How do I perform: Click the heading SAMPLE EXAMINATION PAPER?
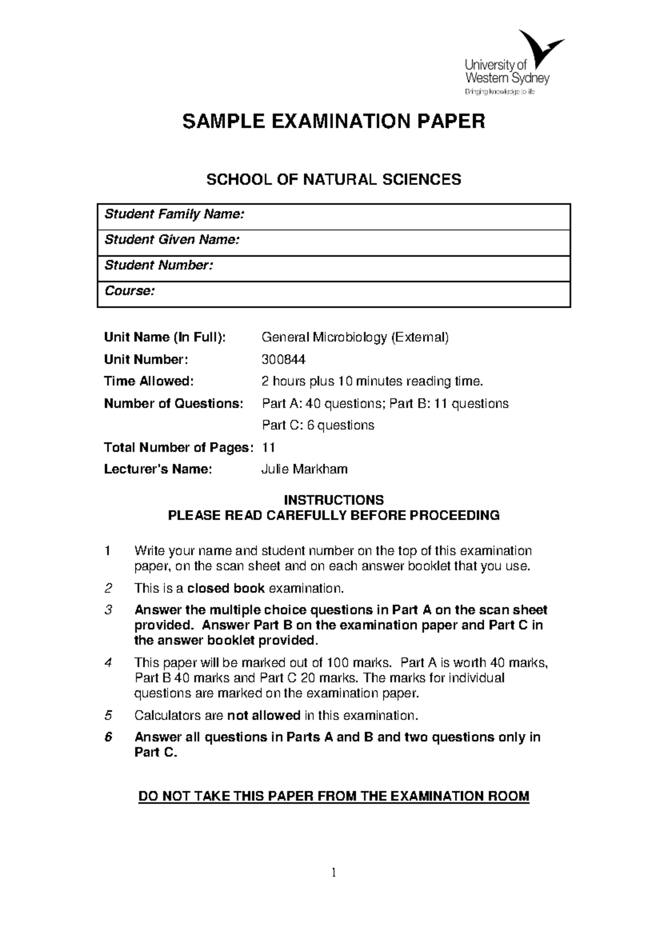[334, 121]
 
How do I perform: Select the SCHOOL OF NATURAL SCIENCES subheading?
[334, 179]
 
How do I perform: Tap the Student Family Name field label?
[174, 214]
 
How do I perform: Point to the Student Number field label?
[158, 266]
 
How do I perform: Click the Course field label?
[129, 291]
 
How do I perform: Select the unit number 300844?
[283, 360]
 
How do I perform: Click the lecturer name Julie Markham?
[304, 470]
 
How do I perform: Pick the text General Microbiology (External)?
[355, 337]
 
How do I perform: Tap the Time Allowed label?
[149, 381]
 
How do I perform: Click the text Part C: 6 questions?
[318, 425]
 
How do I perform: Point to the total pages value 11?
[268, 448]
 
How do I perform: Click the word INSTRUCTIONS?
[334, 500]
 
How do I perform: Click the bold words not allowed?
[263, 715]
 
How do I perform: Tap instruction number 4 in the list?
[108, 663]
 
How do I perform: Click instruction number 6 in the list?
[108, 737]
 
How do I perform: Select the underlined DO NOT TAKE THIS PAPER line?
[334, 797]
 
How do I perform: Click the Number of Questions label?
[173, 404]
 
